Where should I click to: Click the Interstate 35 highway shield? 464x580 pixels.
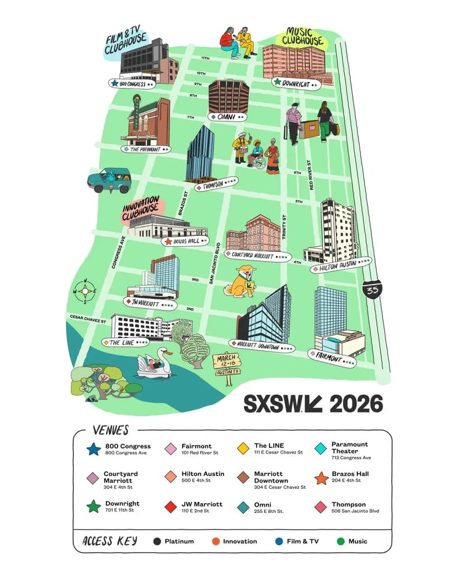[370, 290]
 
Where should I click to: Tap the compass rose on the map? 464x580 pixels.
[85, 291]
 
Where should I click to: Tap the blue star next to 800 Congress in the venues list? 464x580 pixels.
[93, 449]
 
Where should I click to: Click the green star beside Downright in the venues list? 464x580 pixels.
[93, 507]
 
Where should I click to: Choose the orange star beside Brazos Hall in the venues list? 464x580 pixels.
[321, 478]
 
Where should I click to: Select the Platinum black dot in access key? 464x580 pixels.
[157, 542]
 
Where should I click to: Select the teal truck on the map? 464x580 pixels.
[109, 180]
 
